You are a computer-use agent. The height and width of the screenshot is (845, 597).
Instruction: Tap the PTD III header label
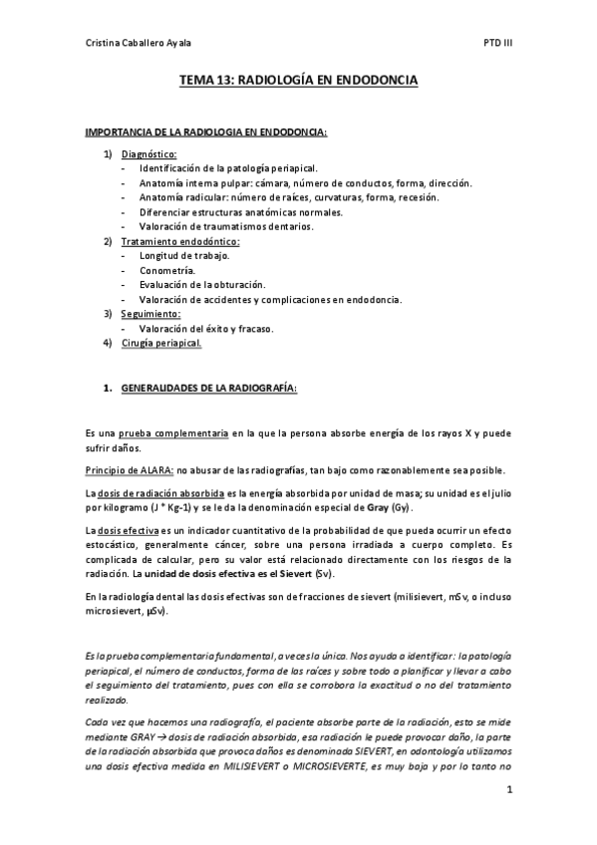(497, 43)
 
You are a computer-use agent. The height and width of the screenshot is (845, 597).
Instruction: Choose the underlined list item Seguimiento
(150, 314)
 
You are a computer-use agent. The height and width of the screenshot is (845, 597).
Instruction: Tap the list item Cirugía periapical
(161, 343)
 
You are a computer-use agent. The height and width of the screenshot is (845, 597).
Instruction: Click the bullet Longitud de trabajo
(184, 256)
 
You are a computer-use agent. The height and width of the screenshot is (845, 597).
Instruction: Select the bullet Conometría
(167, 270)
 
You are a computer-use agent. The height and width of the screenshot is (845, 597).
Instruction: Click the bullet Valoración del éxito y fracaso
(206, 329)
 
